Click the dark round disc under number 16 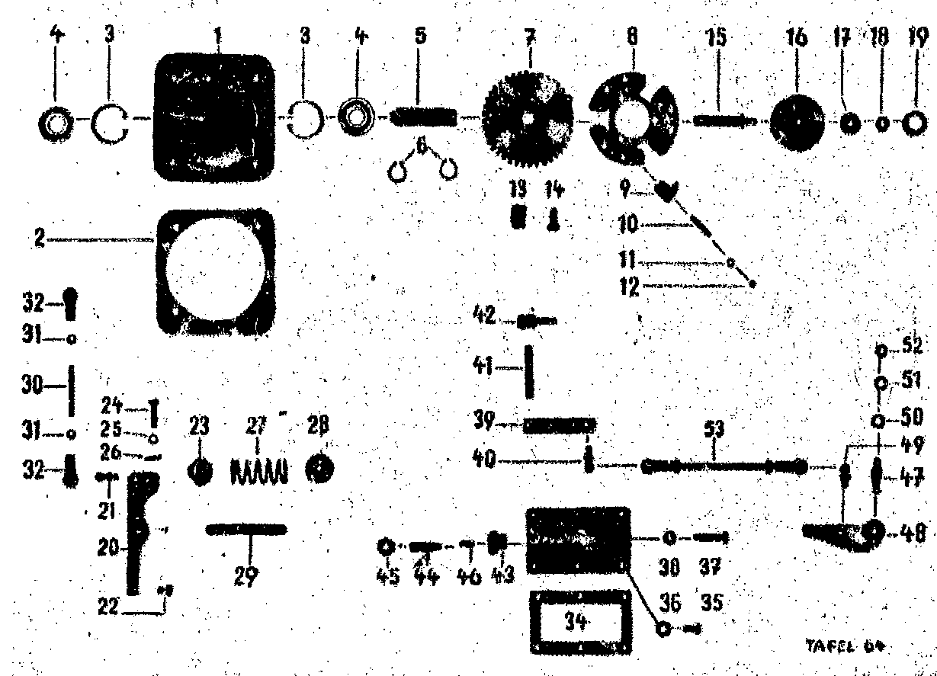tap(800, 121)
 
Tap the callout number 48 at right tap(910, 530)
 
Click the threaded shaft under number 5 tap(423, 117)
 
